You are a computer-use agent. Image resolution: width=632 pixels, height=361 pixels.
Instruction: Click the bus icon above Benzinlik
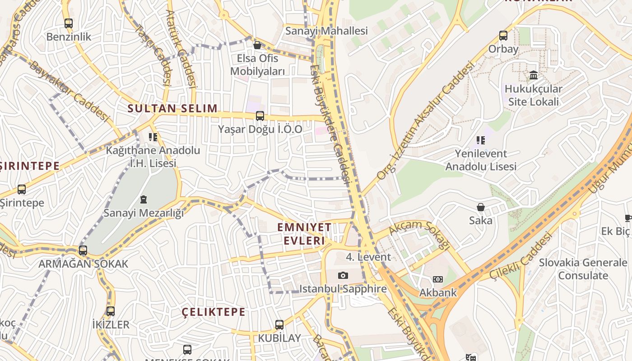[68, 23]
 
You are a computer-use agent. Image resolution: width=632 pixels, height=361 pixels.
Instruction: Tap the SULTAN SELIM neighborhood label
[172, 108]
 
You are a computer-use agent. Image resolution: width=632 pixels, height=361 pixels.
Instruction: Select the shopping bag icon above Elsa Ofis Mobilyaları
[257, 45]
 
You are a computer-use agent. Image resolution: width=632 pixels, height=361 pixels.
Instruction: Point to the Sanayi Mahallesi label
[326, 31]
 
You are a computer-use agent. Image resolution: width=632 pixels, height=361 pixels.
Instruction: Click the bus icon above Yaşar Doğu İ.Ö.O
[260, 116]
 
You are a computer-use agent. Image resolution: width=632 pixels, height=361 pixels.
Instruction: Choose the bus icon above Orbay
[503, 36]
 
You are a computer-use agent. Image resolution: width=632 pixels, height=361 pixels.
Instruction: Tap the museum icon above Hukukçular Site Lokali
[534, 75]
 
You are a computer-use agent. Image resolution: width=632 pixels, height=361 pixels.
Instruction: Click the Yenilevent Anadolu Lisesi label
[481, 160]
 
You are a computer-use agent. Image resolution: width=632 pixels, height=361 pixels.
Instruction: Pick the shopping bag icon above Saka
[481, 207]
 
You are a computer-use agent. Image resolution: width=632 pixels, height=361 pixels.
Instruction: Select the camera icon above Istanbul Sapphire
[343, 275]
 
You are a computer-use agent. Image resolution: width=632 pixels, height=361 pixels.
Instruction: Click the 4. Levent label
[368, 257]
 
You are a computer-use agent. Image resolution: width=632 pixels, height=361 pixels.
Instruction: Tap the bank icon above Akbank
[438, 279]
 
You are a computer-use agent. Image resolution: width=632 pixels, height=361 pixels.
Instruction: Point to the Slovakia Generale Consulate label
[583, 269]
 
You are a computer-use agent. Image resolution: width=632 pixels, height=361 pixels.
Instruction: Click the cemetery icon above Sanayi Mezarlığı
[144, 199]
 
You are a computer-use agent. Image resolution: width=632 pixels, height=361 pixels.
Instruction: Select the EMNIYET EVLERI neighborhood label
[304, 234]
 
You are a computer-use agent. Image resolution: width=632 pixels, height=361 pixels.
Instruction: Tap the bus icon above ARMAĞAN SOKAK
[83, 250]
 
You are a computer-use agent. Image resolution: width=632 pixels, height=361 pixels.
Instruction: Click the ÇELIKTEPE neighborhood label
[214, 312]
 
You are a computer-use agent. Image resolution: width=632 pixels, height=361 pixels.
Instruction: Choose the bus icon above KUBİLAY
[279, 324]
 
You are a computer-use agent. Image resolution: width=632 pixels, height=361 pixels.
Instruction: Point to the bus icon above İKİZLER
[111, 311]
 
